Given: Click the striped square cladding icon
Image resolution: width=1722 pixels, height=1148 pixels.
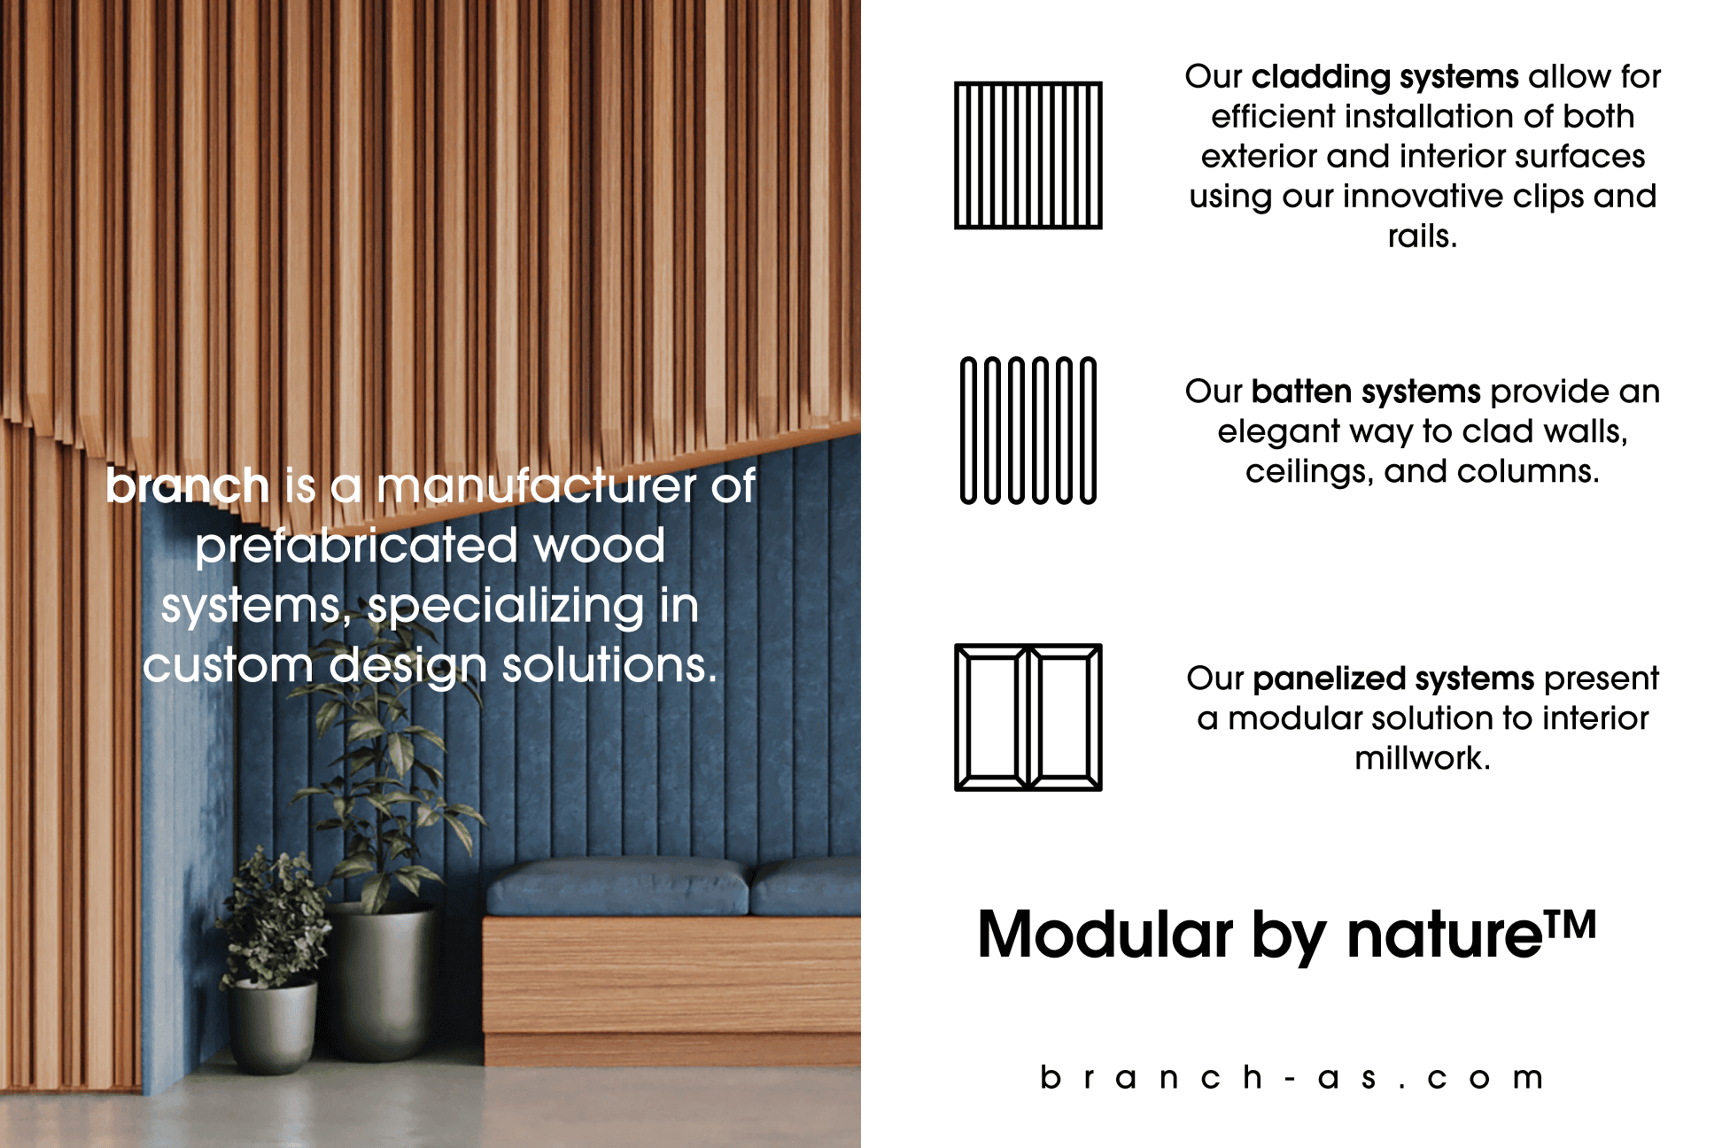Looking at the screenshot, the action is tap(1028, 155).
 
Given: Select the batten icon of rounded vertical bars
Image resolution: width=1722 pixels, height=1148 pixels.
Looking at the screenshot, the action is tap(1028, 430).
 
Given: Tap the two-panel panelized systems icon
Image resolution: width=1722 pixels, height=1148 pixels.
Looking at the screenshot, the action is tap(1028, 717).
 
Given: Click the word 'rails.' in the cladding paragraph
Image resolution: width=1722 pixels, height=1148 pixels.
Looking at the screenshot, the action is tap(1422, 237).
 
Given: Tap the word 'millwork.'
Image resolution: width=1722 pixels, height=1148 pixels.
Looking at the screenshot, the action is tap(1423, 758).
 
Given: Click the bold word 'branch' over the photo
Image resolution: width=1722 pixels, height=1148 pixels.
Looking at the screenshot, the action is tap(187, 485).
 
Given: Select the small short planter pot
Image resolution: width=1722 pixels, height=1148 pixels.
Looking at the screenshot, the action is tap(272, 1027).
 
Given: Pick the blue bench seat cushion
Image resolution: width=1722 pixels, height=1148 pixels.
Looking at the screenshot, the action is tap(620, 888).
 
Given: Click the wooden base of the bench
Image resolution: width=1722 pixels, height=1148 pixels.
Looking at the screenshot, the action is tap(671, 990).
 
